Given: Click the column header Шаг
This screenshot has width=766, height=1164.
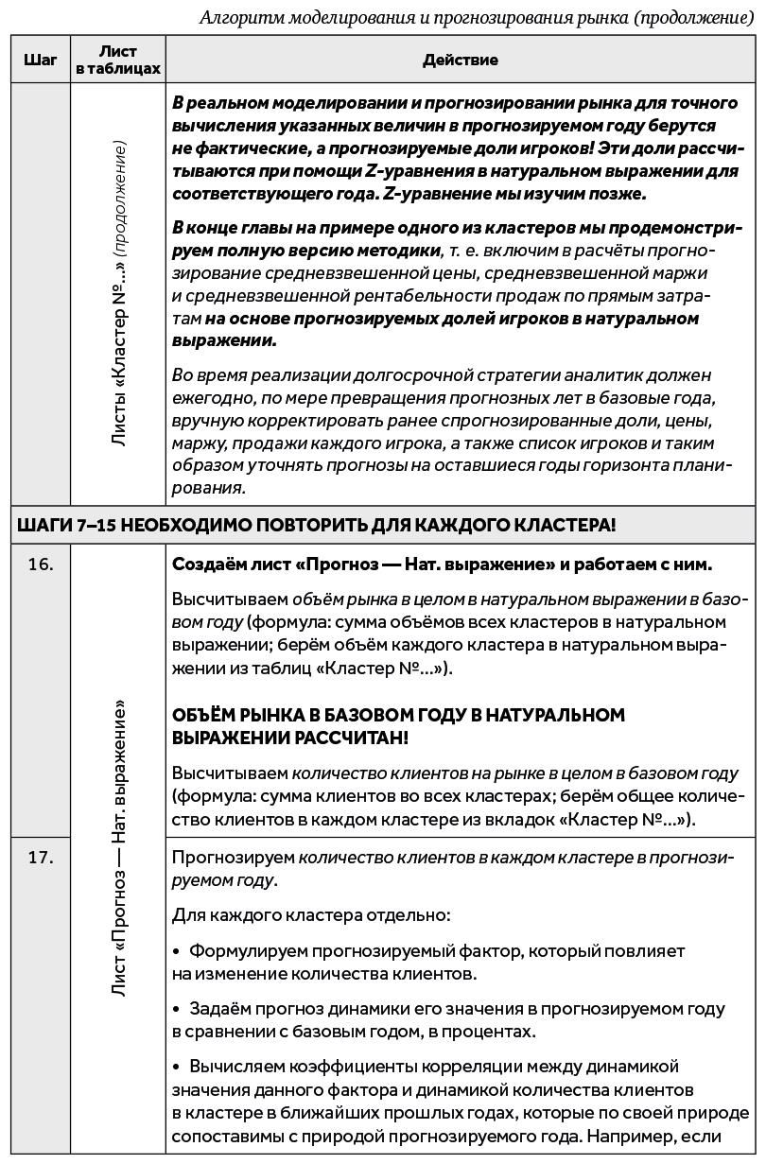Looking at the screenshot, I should point(40,60).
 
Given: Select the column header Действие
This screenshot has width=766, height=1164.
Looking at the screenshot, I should point(461,60).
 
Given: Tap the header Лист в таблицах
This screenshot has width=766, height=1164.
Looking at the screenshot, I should point(118,60).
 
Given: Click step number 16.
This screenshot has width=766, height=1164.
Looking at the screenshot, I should point(41,565).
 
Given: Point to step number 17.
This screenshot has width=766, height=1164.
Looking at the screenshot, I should point(41,858).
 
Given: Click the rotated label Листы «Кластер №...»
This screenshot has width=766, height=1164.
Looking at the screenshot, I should point(119,293).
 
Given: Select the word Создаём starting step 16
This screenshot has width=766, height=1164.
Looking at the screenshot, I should point(202,565).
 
